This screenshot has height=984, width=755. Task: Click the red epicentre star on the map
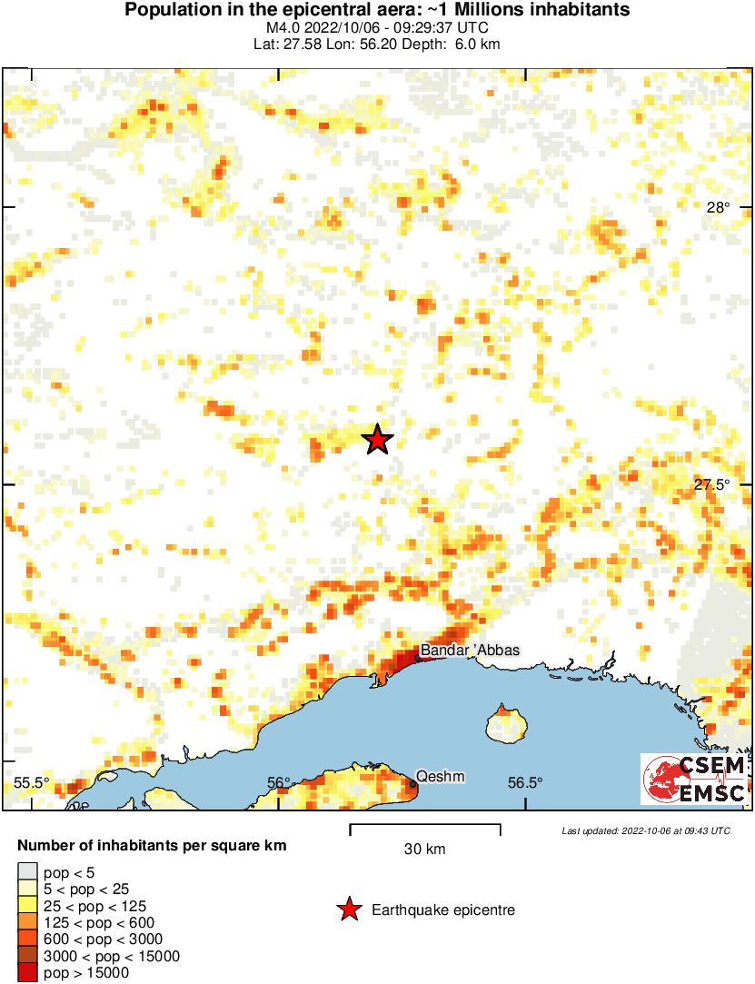coord(377,440)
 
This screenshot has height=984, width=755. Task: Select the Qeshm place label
coord(440,777)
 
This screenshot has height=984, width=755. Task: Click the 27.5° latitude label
coord(712,484)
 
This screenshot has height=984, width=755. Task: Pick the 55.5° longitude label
coord(32,782)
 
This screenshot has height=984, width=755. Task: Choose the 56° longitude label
coord(279,782)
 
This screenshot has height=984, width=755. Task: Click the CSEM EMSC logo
coord(694,779)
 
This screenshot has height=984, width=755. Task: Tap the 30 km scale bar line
coord(425,826)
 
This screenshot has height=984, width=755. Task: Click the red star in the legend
coord(348,909)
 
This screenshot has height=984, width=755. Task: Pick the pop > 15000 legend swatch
coord(27,972)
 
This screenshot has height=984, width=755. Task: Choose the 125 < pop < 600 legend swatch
coord(27,922)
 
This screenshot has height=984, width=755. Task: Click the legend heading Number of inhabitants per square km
coord(152,846)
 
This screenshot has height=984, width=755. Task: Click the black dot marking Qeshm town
coord(412,784)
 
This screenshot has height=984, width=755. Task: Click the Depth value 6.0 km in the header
coord(479,44)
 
